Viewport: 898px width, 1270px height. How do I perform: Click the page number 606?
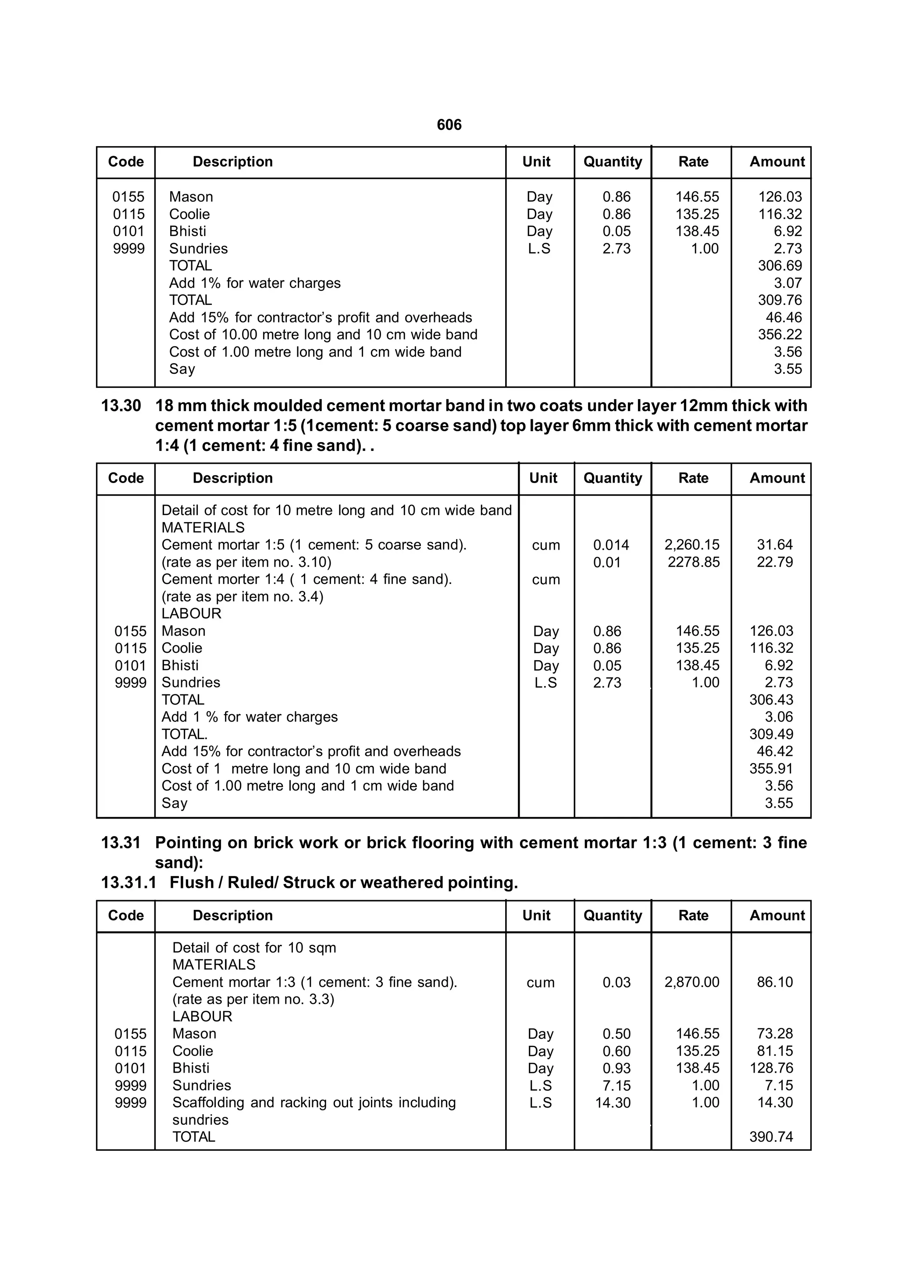click(x=449, y=125)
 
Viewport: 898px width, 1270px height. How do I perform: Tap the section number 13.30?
click(x=121, y=405)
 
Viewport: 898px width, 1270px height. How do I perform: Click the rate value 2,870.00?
click(x=692, y=982)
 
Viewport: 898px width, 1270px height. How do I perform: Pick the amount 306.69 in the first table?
click(x=780, y=265)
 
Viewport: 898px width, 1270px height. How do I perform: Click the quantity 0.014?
click(x=611, y=545)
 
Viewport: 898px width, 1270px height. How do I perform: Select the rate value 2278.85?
click(x=693, y=562)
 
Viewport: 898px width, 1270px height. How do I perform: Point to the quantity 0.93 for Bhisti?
click(x=616, y=1068)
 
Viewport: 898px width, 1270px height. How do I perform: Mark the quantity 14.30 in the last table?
click(x=613, y=1102)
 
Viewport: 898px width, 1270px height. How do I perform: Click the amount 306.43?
click(x=771, y=700)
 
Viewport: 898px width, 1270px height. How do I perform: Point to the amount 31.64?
click(x=775, y=545)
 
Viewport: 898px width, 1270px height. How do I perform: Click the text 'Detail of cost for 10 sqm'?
click(x=254, y=948)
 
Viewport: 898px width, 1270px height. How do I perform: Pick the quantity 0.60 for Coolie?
click(x=616, y=1051)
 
